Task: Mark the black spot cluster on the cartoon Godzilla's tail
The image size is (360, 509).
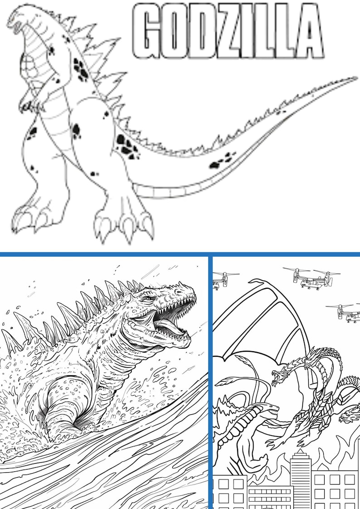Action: [223, 160]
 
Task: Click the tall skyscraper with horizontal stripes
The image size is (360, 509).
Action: [300, 476]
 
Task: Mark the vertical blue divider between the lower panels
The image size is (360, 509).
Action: [210, 381]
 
